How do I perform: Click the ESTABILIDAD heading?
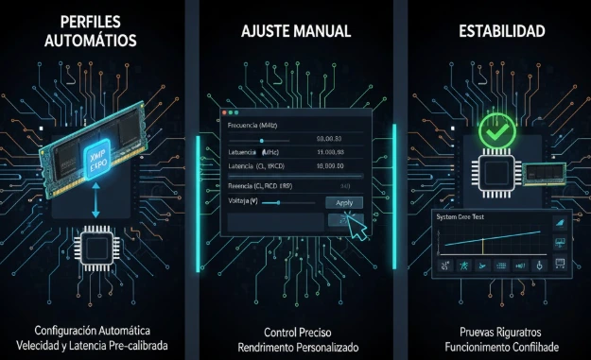tap(501, 31)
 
